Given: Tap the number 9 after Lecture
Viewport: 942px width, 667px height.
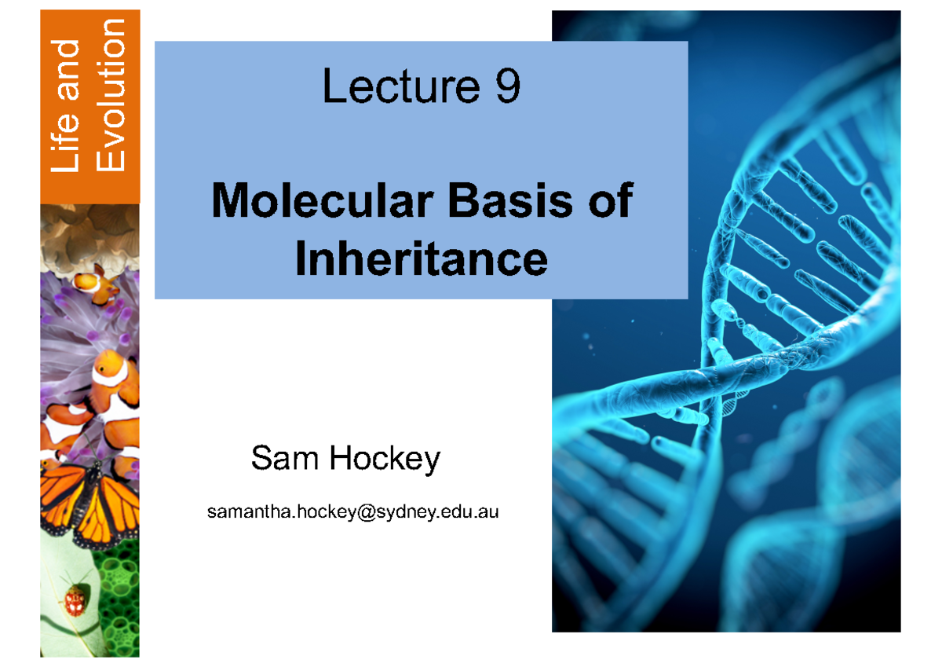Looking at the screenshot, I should (x=506, y=88).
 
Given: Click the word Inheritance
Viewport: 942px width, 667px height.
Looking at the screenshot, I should (x=421, y=259).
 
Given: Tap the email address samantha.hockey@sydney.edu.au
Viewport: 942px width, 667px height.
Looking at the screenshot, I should (x=352, y=512).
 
